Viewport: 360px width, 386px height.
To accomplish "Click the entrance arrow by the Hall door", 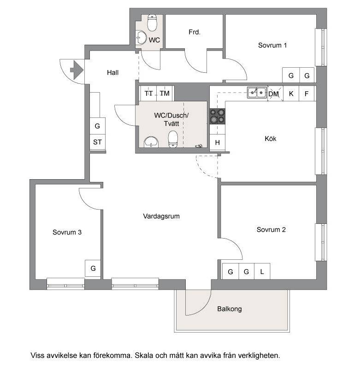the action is click(x=77, y=70).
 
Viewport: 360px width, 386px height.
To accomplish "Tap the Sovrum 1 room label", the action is click(x=272, y=45).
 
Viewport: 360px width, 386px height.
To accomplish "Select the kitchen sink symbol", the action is click(x=257, y=93).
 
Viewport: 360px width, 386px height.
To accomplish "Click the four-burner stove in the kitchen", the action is click(x=217, y=116).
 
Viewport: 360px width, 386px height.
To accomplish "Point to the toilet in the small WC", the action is click(x=152, y=23).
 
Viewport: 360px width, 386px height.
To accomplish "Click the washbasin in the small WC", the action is click(x=141, y=37).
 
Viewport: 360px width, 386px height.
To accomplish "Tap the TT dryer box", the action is click(x=148, y=94).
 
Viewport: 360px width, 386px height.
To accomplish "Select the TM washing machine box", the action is click(x=165, y=94).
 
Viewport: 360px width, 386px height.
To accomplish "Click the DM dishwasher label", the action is click(x=273, y=94).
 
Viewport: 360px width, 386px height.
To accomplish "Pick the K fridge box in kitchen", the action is click(x=291, y=94).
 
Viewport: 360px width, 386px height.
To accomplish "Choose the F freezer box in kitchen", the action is click(x=307, y=94).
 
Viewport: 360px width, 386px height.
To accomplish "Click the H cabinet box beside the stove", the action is click(x=217, y=142).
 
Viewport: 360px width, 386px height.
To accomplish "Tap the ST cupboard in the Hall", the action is click(x=97, y=142).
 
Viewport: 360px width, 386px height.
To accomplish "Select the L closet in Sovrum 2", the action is click(x=262, y=271).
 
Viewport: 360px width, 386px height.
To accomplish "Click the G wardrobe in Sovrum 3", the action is click(x=93, y=269).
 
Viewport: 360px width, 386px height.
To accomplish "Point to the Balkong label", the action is click(x=230, y=309).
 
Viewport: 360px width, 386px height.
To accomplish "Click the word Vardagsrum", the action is click(x=161, y=216).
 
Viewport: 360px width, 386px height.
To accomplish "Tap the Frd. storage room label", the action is click(x=195, y=32).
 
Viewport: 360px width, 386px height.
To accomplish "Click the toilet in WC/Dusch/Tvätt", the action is click(x=173, y=139).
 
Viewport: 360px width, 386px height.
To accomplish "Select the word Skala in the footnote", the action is click(x=144, y=356).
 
